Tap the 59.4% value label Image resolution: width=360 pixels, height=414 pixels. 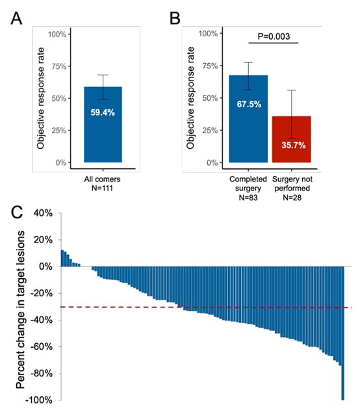(x=103, y=112)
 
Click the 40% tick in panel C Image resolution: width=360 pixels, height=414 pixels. (x=42, y=213)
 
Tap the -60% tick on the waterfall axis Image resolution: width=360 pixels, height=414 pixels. (x=40, y=346)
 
